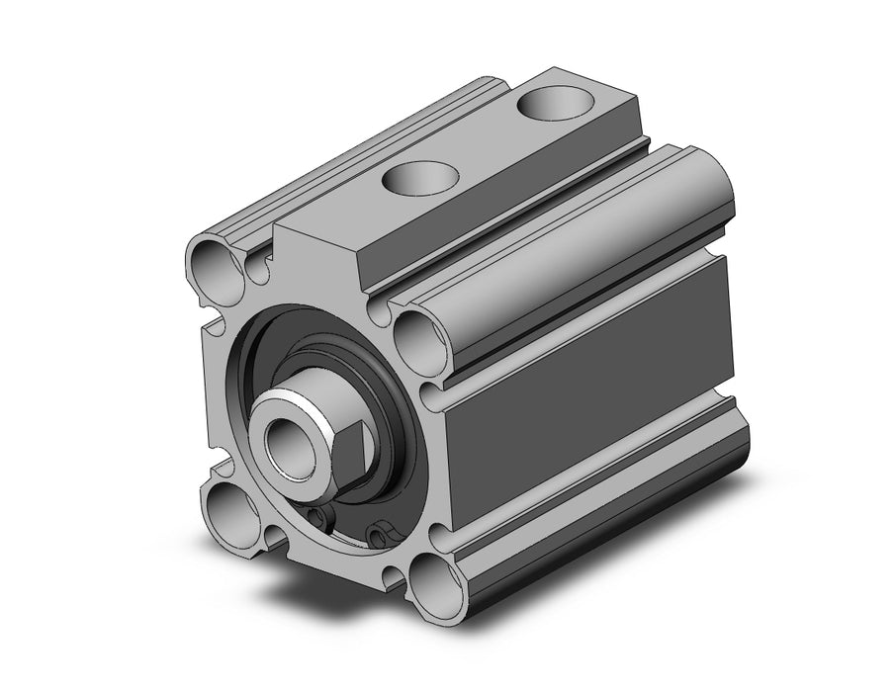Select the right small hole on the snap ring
click(378, 536)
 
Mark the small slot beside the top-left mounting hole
click(259, 266)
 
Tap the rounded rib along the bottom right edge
click(613, 514)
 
